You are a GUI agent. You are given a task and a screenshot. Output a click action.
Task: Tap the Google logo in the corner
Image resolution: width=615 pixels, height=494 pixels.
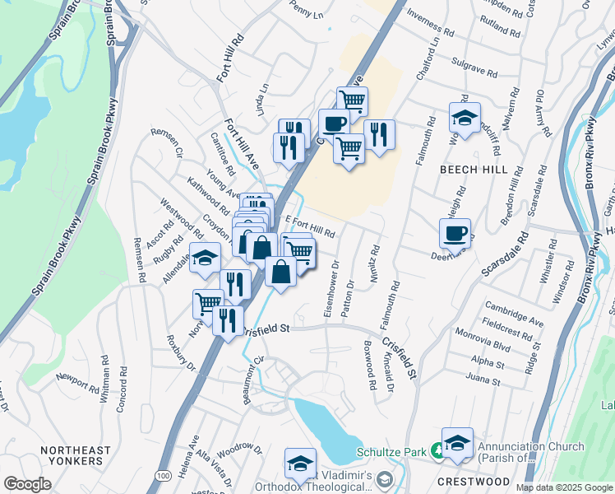point(27,484)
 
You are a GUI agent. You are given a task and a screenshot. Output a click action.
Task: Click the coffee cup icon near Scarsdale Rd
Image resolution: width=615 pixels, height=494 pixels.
point(455,233)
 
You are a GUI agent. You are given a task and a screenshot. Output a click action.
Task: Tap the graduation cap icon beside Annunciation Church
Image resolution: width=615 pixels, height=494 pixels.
point(457,443)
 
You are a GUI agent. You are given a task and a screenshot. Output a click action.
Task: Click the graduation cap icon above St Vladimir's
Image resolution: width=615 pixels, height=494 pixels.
point(301,463)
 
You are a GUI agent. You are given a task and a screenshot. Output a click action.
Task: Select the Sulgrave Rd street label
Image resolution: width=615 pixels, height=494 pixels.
point(475,68)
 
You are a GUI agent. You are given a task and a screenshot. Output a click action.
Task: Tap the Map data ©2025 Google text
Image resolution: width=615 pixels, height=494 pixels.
point(563,487)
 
